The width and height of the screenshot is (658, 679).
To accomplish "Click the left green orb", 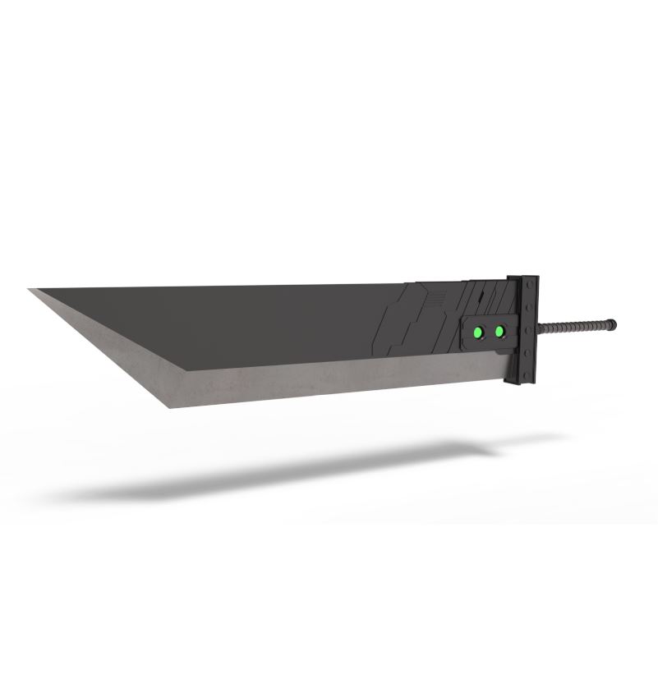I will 476,333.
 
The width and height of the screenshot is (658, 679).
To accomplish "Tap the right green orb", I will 499,332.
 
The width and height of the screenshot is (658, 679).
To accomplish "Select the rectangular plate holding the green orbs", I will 490,332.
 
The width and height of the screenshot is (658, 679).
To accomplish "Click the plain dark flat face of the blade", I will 246,320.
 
